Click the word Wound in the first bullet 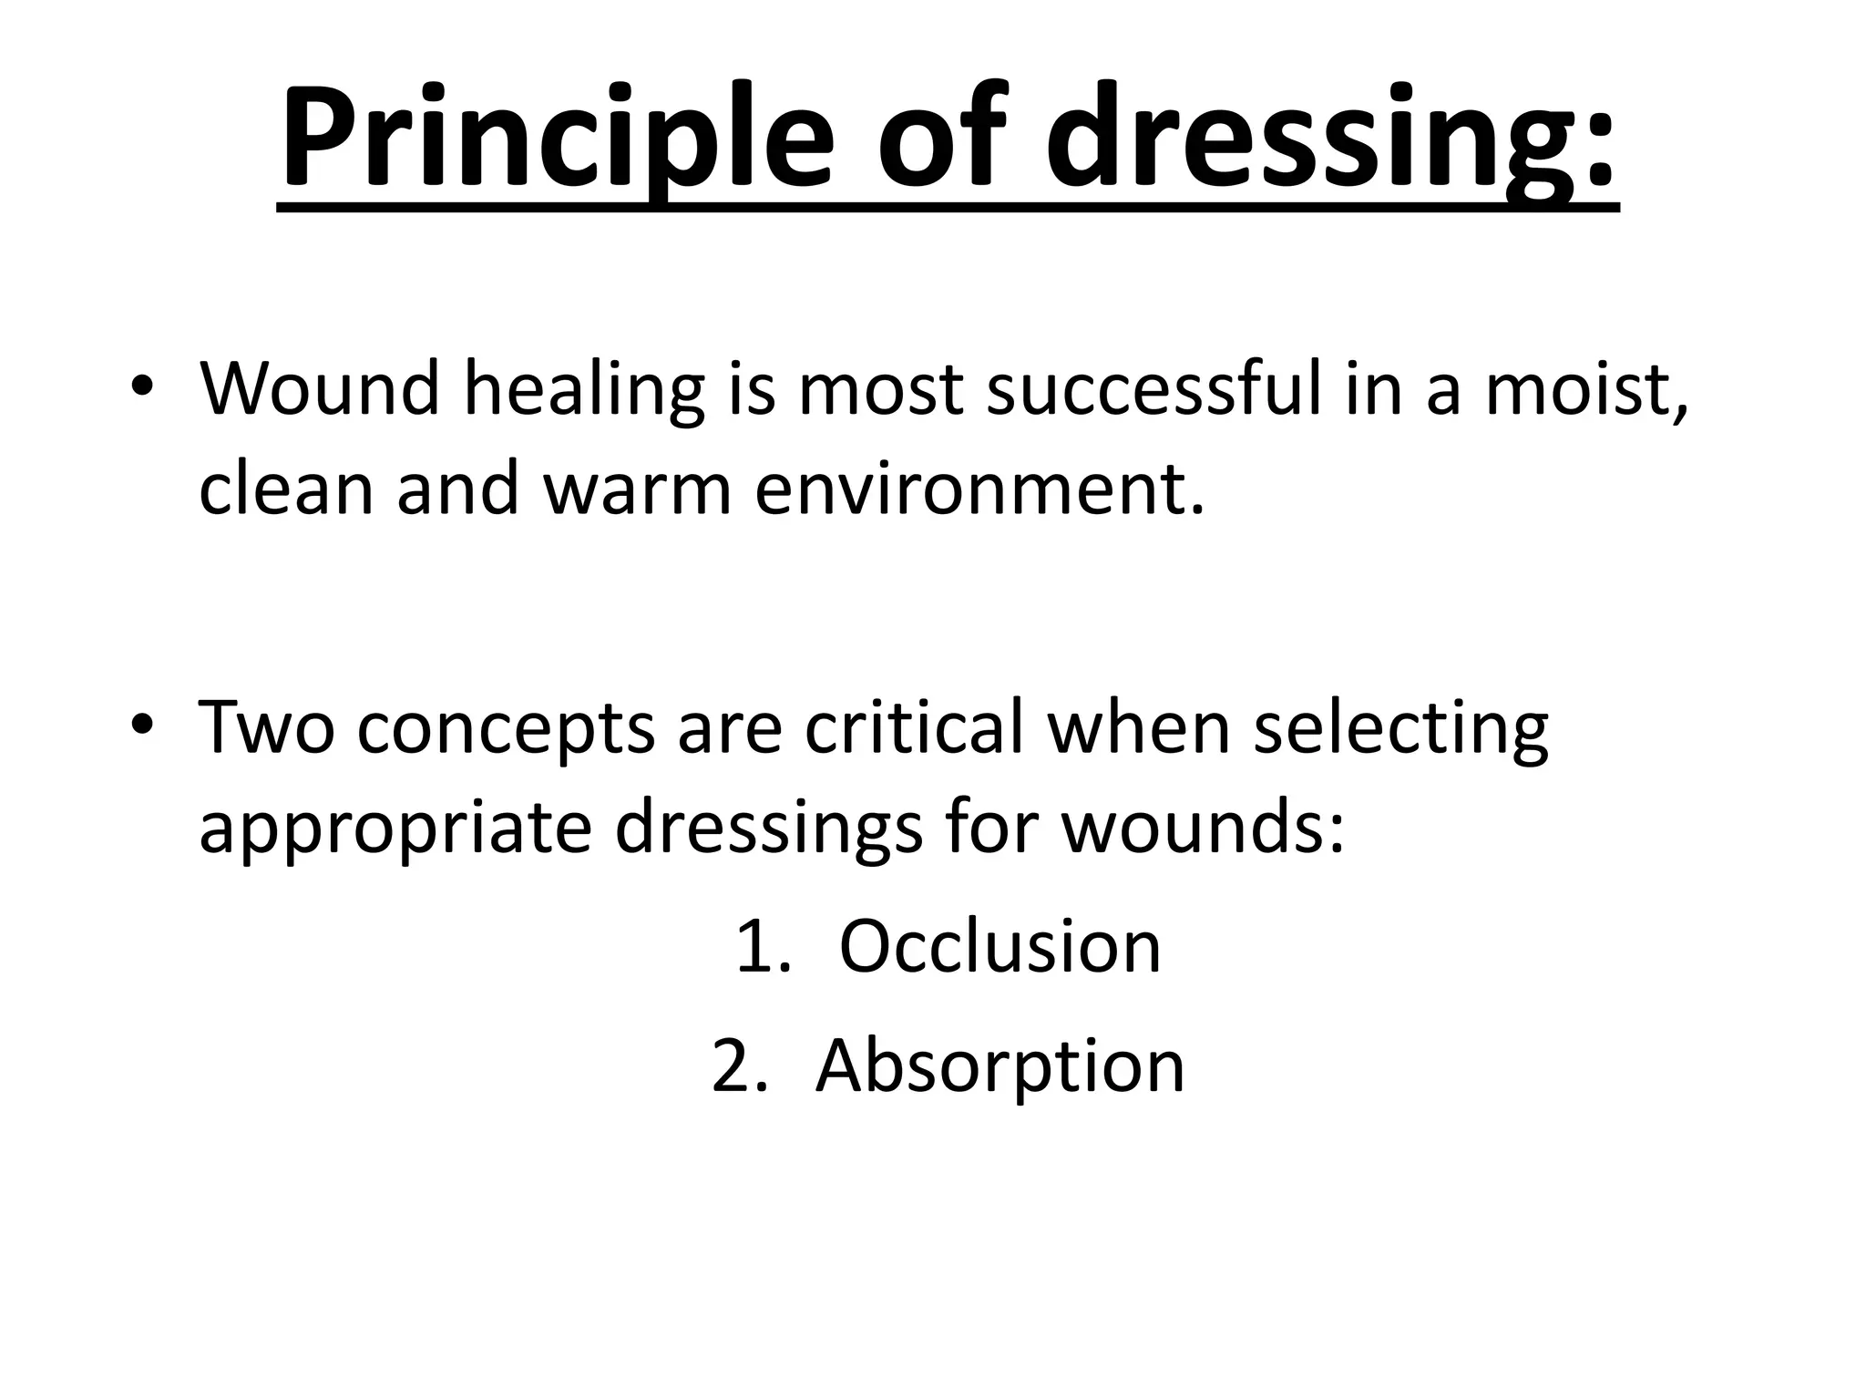[319, 389]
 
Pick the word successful [1153, 389]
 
